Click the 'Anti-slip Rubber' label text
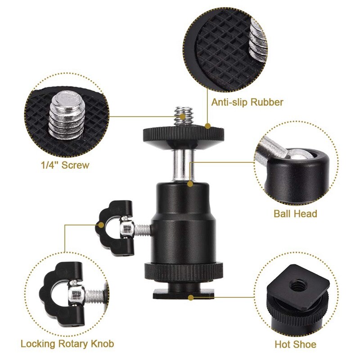247,102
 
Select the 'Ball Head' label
295,213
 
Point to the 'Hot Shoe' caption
295,345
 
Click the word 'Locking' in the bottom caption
39,344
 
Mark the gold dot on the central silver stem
190,184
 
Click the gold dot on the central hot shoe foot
192,297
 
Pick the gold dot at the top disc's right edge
208,126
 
